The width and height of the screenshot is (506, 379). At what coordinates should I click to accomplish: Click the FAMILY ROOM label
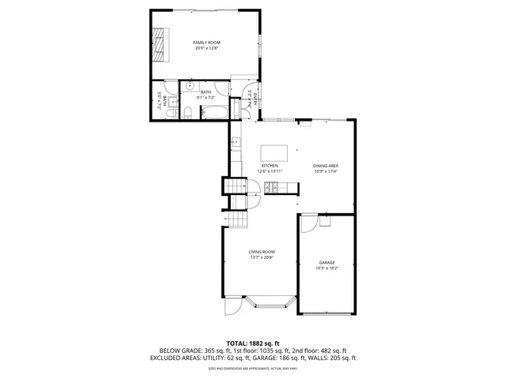click(206, 42)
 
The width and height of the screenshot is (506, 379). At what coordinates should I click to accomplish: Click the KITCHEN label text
click(270, 165)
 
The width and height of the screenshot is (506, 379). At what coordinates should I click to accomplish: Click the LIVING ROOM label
click(262, 252)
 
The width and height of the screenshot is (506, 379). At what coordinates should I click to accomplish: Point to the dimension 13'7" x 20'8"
click(262, 258)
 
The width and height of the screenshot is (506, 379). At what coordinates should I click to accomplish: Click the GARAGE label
click(327, 262)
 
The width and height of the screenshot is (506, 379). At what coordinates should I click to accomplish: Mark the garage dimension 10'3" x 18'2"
click(327, 268)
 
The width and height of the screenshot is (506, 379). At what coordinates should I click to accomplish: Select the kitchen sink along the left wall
click(235, 143)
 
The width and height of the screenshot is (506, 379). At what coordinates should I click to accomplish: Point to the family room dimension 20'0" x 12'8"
click(206, 48)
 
